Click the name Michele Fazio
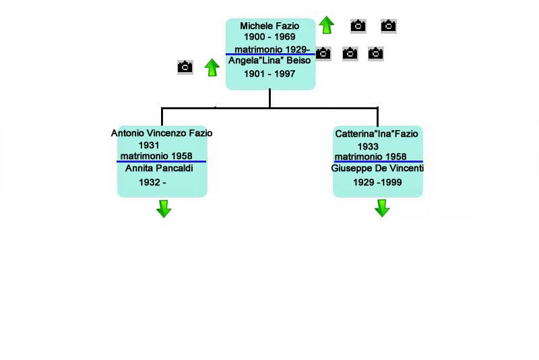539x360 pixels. (x=269, y=26)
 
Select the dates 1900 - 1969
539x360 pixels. (x=269, y=36)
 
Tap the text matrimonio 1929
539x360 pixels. (x=272, y=49)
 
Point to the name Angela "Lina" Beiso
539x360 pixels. (x=269, y=61)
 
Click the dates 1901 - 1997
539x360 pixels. (x=269, y=74)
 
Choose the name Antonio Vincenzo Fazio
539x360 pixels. (x=162, y=133)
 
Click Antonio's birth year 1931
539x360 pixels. (x=148, y=146)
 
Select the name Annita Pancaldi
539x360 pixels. (x=159, y=169)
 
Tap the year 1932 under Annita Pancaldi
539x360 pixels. (x=152, y=183)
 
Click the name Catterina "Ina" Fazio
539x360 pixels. (x=377, y=134)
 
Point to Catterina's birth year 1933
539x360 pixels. (x=368, y=146)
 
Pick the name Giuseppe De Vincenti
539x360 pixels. (x=377, y=169)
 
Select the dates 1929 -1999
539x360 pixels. (x=377, y=183)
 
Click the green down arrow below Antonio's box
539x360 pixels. (x=164, y=208)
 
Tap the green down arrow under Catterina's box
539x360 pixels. (x=382, y=208)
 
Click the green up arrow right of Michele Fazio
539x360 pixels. (x=326, y=26)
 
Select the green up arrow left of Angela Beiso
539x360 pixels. (x=212, y=67)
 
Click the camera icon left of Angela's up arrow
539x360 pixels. (x=185, y=67)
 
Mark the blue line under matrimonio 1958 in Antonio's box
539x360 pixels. (x=162, y=162)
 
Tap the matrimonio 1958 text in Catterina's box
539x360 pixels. (x=371, y=157)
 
